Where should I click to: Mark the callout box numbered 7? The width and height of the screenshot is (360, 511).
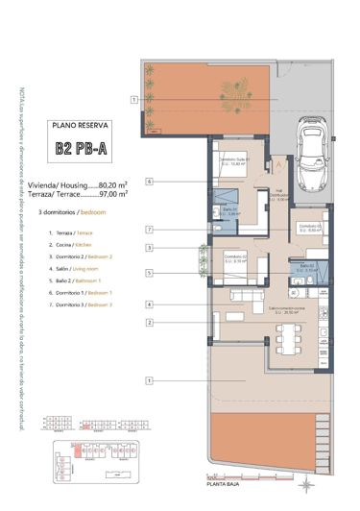click(x=150, y=229)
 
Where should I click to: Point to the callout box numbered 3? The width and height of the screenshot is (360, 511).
click(x=150, y=247)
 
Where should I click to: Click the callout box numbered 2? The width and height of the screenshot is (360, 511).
click(x=150, y=322)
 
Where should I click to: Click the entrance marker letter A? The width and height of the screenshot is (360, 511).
click(x=278, y=165)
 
